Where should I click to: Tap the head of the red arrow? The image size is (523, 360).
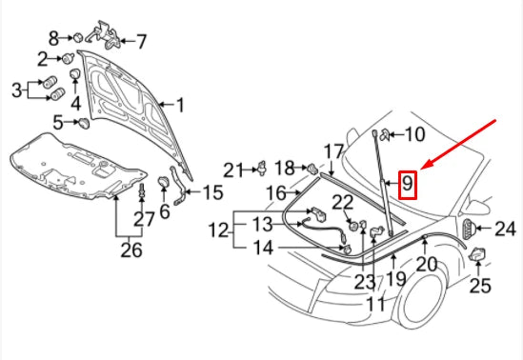(x=422, y=168)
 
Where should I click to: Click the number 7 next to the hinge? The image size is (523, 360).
(x=141, y=41)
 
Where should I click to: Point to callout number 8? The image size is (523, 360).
(x=54, y=38)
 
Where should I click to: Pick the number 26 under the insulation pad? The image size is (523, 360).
(x=131, y=250)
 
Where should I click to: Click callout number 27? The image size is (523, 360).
(x=143, y=220)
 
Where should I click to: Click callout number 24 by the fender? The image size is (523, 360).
(x=505, y=228)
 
